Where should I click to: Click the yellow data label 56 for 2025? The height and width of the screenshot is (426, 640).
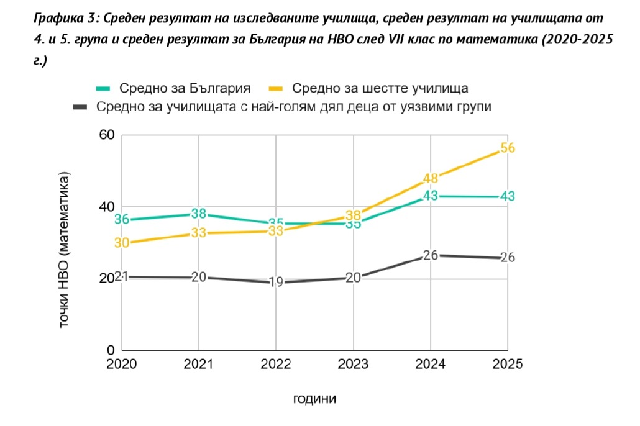coord(508,148)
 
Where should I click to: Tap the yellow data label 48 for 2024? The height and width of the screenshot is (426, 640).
coord(431,179)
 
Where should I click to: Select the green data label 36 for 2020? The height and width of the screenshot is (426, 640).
coord(122,219)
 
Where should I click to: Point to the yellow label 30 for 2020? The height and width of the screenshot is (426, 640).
coord(122,243)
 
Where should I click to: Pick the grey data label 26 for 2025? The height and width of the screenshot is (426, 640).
coord(508,257)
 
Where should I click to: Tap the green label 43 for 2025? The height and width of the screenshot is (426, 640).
coord(508,196)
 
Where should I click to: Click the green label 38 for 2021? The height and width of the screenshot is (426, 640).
coord(199,214)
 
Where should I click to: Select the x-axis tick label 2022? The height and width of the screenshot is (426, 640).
coord(276,365)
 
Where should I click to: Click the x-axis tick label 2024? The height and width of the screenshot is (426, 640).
coord(431,365)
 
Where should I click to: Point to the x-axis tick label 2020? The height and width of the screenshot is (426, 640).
coord(122,365)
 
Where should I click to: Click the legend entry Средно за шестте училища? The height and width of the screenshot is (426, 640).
coord(380,87)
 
